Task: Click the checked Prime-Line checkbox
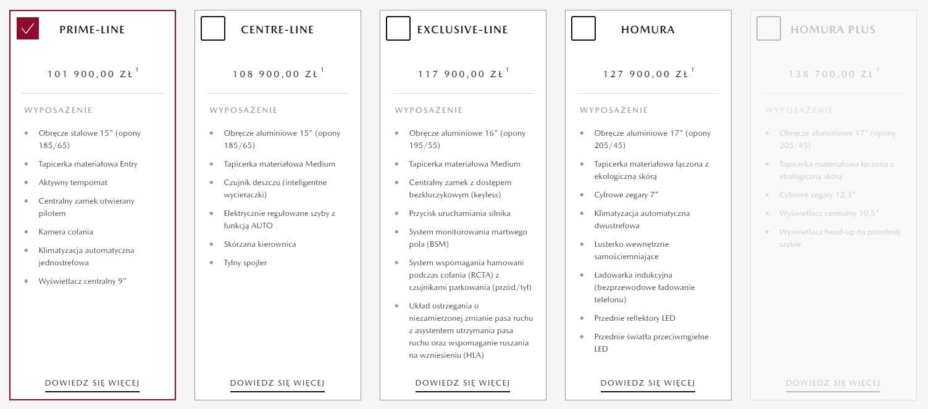tap(28, 28)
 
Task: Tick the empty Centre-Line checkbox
tap(213, 28)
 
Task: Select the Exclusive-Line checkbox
tap(398, 28)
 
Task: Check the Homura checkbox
tap(583, 28)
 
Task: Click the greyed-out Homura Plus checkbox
tap(769, 28)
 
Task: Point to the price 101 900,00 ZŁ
tap(90, 74)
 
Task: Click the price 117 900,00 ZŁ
tap(461, 74)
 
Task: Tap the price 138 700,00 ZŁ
tap(831, 74)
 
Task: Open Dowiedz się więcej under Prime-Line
tap(92, 383)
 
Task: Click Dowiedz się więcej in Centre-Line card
tap(277, 383)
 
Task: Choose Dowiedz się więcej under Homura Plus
tap(833, 383)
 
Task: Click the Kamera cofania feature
tap(65, 232)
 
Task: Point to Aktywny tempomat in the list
tap(73, 183)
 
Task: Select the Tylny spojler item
tap(245, 263)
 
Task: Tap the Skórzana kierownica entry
tap(260, 244)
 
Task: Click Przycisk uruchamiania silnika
tap(459, 213)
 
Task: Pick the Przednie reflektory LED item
tap(635, 318)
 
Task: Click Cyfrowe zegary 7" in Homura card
tap(626, 195)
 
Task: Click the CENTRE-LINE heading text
tap(277, 30)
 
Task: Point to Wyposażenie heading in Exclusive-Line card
tap(428, 110)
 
